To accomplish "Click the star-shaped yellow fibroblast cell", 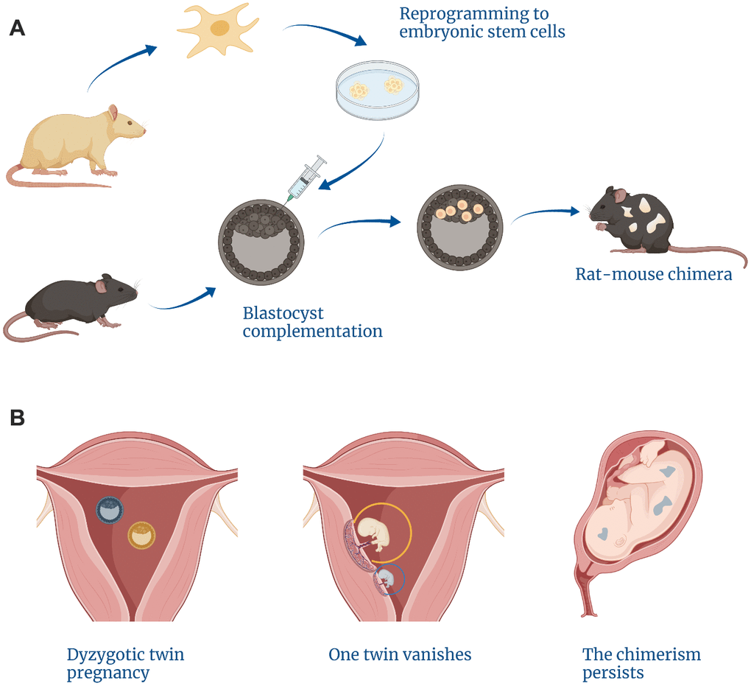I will [217, 30].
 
